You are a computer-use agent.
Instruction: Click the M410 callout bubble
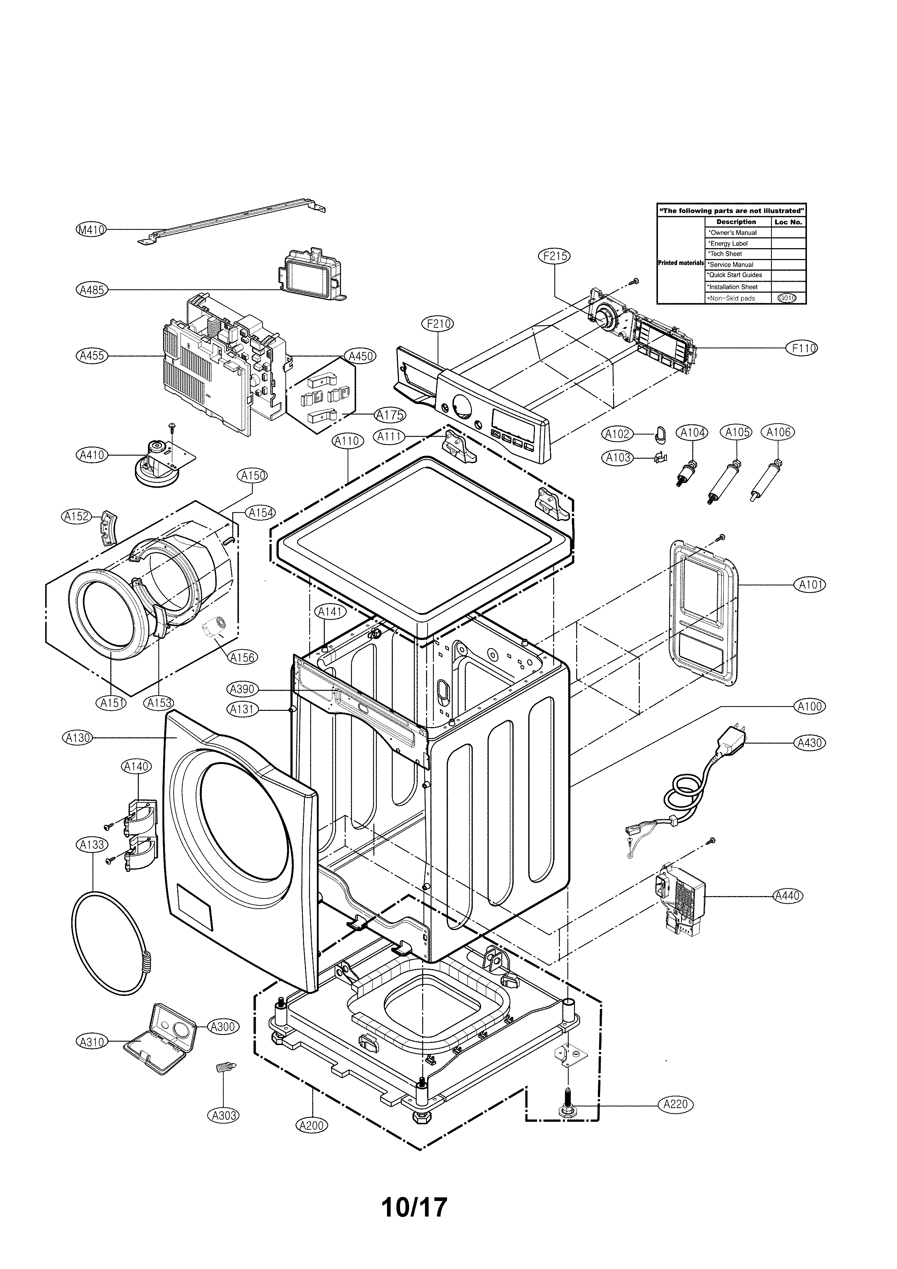coord(91,230)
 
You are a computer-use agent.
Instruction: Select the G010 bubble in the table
coord(786,298)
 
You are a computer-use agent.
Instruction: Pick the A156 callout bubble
coord(242,657)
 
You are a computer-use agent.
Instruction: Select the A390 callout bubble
coord(242,689)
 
